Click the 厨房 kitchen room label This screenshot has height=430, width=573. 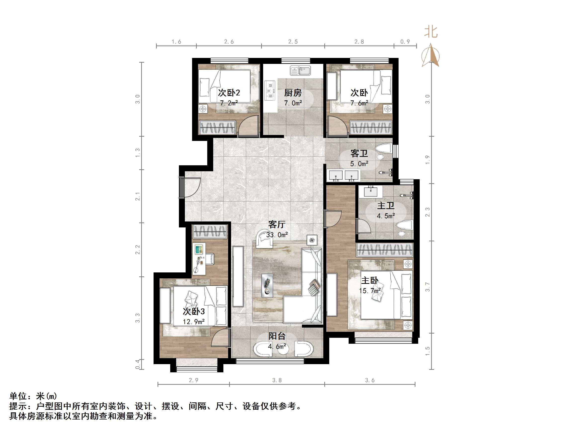[x=293, y=92]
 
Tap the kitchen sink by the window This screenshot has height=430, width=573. [x=300, y=71]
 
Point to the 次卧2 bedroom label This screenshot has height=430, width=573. [x=229, y=92]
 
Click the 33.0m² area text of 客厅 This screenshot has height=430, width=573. [x=277, y=235]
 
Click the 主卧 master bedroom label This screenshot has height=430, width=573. [x=370, y=280]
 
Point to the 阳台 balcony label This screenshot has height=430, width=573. [x=277, y=336]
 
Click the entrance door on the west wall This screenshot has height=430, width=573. [x=182, y=187]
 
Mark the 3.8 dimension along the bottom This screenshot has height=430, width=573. [x=277, y=380]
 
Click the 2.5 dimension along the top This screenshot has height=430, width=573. [x=293, y=42]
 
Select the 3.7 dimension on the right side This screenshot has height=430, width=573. [x=427, y=287]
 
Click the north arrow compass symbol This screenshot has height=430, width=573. [x=431, y=56]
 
